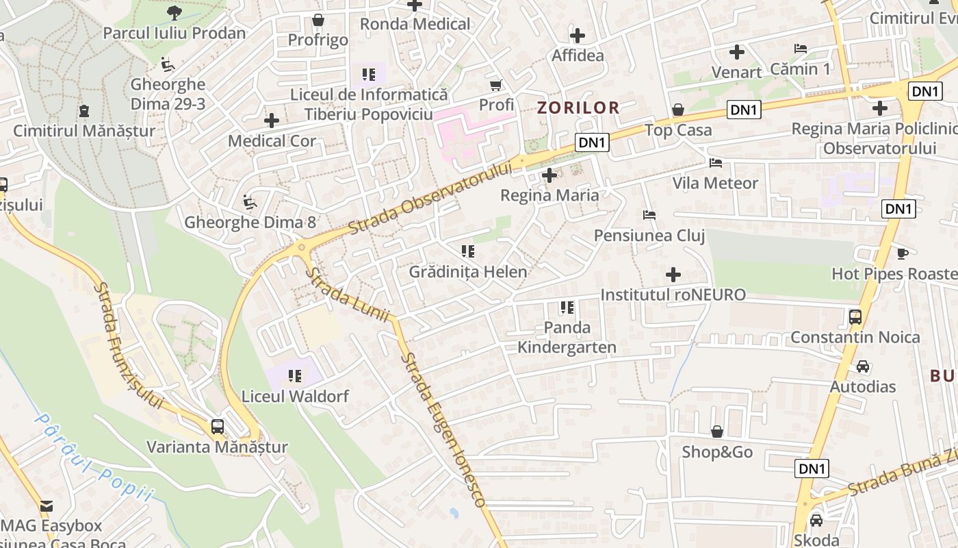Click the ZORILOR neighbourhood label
click(x=578, y=108)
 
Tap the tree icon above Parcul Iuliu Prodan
click(x=174, y=12)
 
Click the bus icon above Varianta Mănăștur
click(x=218, y=426)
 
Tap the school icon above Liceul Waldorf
click(x=295, y=375)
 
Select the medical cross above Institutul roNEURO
click(x=673, y=275)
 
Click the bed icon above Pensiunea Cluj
click(x=649, y=215)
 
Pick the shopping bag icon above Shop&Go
click(x=717, y=432)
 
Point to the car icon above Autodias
click(x=863, y=366)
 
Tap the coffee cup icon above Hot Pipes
click(x=903, y=253)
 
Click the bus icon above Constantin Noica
click(x=855, y=316)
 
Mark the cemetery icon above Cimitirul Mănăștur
click(x=84, y=110)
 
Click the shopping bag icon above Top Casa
click(x=678, y=110)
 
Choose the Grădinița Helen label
click(x=468, y=272)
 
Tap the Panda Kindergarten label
click(x=567, y=337)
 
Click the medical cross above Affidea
click(x=578, y=35)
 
